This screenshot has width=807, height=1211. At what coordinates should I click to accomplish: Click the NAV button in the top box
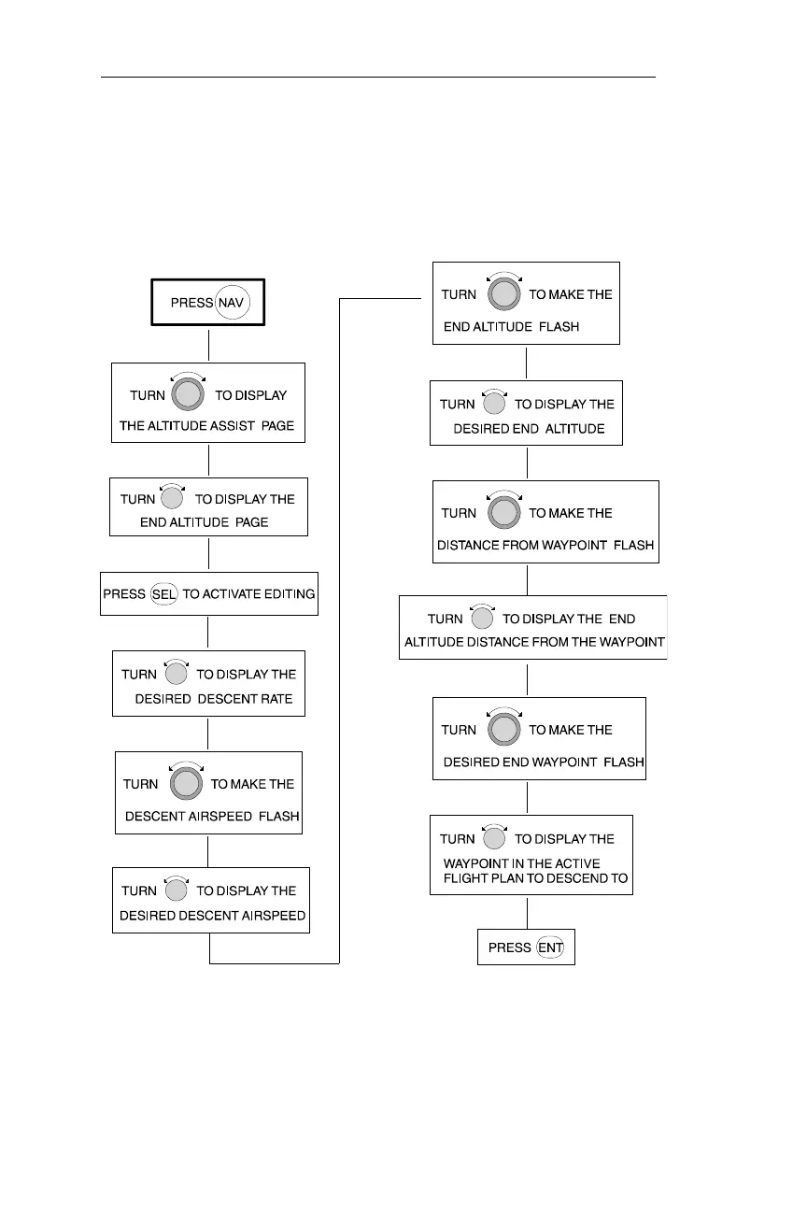pos(233,303)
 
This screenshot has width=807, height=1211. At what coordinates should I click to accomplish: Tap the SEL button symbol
pos(164,593)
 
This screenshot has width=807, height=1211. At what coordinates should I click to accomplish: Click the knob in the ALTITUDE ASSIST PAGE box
pos(190,394)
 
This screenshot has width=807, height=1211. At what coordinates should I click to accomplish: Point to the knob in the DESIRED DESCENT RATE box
pos(176,674)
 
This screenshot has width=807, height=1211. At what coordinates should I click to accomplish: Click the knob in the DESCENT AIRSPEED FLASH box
pos(186,784)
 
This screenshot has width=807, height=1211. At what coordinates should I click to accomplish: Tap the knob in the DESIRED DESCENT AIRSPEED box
pos(176,890)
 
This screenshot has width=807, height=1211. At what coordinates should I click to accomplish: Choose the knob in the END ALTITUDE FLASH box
pos(503,294)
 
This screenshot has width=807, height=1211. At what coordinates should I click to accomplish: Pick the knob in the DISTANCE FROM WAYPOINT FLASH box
pos(503,513)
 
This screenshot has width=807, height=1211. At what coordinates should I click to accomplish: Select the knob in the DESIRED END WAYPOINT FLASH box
pos(503,730)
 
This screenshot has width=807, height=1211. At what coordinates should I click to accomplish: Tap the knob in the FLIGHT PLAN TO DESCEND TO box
pos(494,839)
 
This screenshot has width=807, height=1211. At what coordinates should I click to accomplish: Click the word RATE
pos(276,699)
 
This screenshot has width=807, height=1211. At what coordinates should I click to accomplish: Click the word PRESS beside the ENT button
pos(510,947)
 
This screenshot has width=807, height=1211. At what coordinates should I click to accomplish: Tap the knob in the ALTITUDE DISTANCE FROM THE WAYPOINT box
pos(482,619)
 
